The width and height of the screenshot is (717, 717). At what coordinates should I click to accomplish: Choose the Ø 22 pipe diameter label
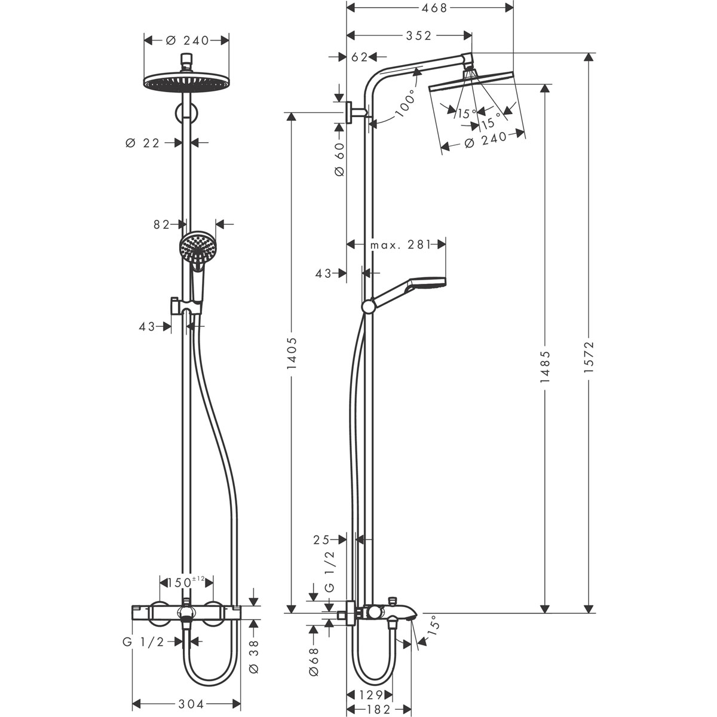143,143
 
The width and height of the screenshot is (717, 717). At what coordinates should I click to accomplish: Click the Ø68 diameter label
315,665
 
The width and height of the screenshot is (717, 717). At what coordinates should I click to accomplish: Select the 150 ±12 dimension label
186,581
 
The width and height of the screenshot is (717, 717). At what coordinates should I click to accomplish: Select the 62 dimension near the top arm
359,57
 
